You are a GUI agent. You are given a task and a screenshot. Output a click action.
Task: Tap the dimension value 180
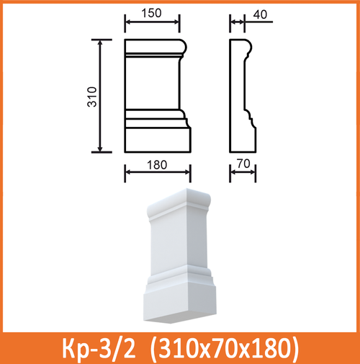pos(157,164)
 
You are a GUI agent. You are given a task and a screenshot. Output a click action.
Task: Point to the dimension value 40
pos(259,14)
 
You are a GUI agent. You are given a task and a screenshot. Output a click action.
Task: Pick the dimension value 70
pos(243,164)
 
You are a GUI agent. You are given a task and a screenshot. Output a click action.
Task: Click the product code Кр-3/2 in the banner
pos(99,348)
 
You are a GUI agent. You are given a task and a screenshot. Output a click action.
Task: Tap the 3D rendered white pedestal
pos(180,259)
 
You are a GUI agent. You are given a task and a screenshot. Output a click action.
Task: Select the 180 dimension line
pos(158,173)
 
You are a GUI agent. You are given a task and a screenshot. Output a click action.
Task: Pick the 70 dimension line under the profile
pos(243,173)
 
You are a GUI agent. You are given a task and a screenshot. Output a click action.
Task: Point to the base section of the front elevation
pos(157,139)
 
